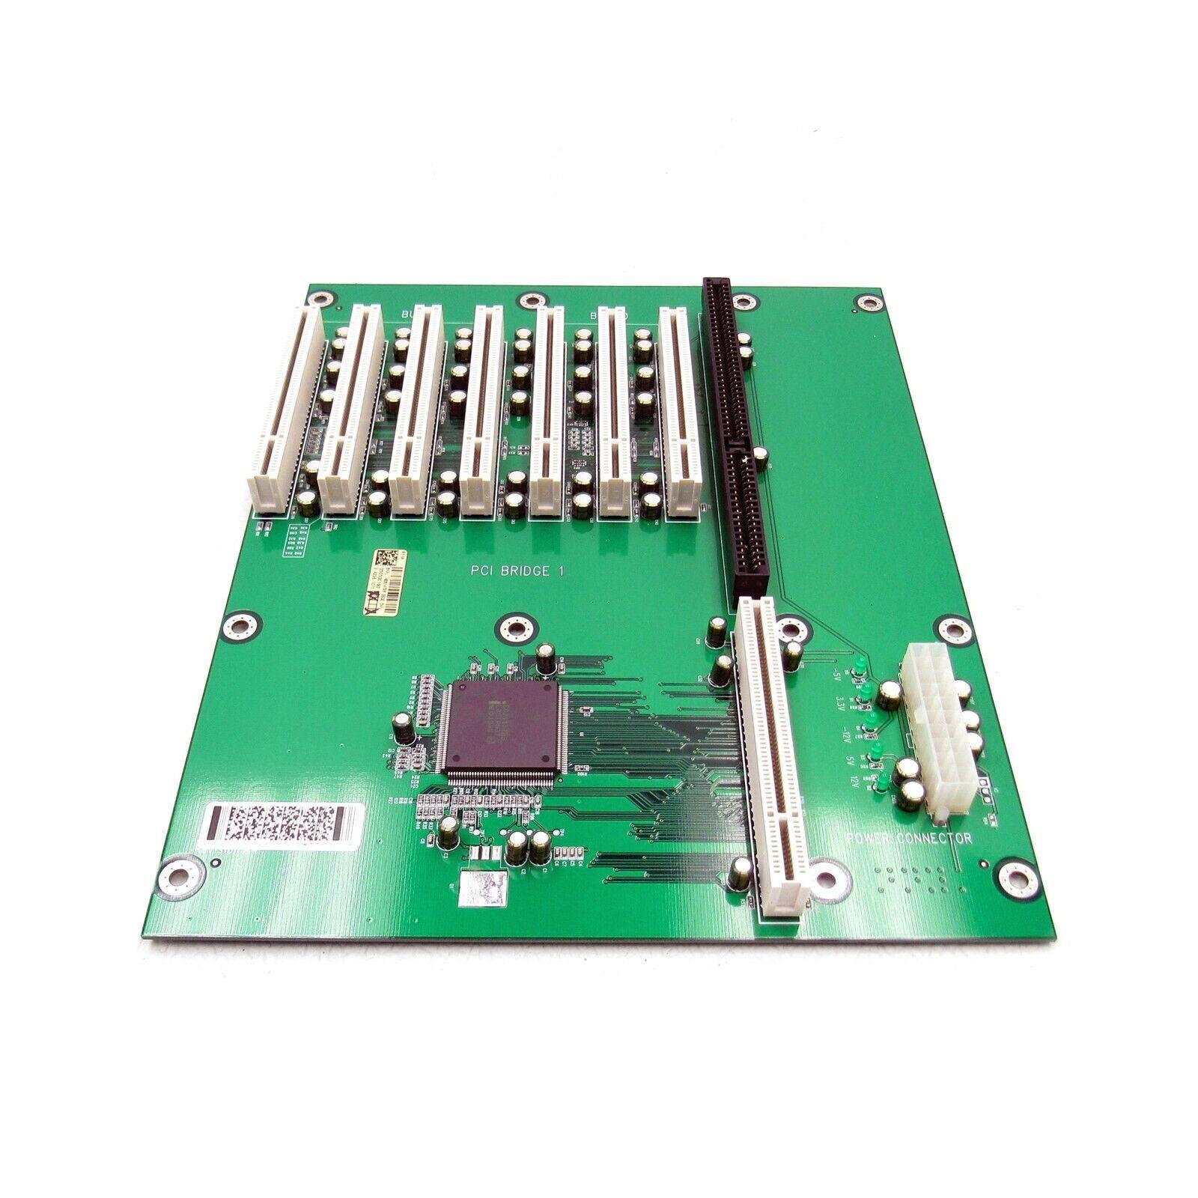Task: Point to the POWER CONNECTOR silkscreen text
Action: [x=908, y=838]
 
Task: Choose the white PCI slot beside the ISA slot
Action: [x=681, y=412]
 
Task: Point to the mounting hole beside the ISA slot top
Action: [x=743, y=302]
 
